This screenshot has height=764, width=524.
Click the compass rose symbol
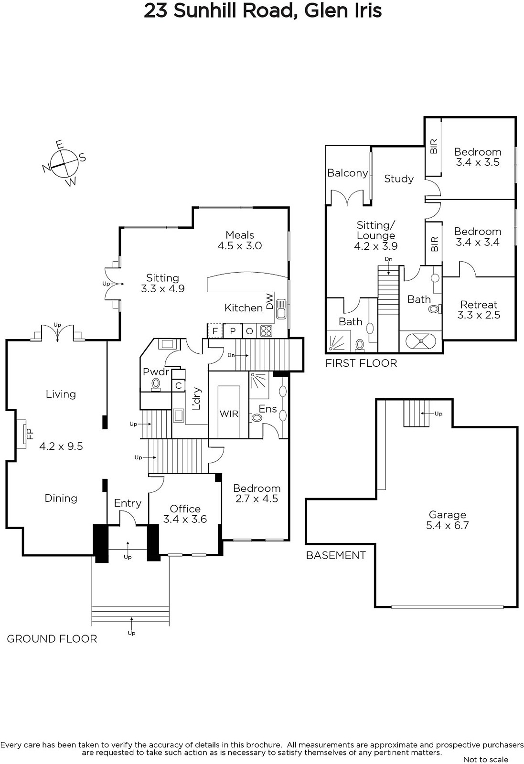(x=64, y=163)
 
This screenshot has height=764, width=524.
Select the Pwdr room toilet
(x=156, y=384)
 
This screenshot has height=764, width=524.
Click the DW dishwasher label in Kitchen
(x=270, y=301)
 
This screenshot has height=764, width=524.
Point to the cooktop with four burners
(x=267, y=330)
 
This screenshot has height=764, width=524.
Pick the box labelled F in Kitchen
(x=215, y=330)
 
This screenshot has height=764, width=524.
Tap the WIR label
(x=229, y=414)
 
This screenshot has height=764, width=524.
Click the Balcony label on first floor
(x=348, y=173)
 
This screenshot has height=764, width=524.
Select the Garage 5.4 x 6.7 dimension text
(x=447, y=525)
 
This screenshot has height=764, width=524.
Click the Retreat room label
(x=479, y=304)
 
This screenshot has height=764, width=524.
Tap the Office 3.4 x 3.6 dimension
(x=185, y=519)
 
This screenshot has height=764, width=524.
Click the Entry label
(x=128, y=503)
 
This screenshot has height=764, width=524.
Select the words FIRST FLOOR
(x=361, y=363)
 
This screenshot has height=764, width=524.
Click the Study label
(x=399, y=179)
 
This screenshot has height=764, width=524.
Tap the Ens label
(x=267, y=409)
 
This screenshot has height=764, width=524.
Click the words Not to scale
(x=486, y=759)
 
